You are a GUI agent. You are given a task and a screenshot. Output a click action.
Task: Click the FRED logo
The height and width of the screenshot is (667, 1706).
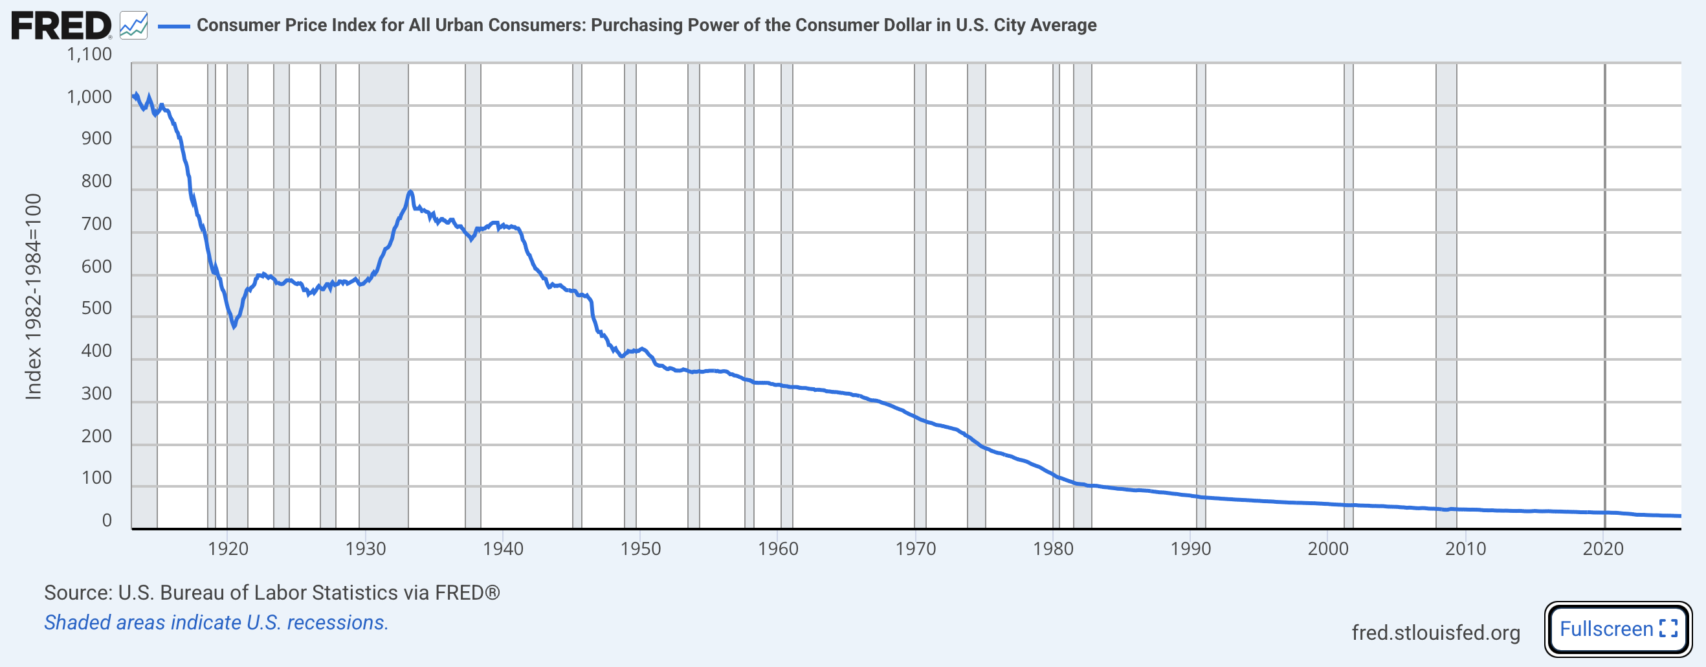pos(61,26)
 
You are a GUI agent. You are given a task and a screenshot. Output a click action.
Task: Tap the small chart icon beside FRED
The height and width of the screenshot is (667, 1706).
pos(134,26)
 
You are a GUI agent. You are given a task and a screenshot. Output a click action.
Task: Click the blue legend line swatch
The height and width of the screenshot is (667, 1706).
pos(174,26)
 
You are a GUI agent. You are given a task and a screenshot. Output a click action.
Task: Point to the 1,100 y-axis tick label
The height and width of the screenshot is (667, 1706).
pos(89,54)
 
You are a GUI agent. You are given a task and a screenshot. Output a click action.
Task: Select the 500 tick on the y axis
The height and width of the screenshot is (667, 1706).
pos(96,309)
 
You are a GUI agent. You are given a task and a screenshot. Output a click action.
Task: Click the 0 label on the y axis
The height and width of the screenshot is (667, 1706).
pos(107,521)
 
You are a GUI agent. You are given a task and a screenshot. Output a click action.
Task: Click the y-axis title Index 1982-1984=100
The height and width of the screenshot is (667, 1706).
pos(34,297)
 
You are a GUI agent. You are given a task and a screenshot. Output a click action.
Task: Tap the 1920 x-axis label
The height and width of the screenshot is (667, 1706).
pos(228,548)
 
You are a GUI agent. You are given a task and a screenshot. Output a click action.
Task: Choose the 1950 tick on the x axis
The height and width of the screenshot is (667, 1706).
pos(641,548)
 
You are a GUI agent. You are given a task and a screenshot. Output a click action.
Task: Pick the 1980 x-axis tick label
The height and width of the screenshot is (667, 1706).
pos(1053,548)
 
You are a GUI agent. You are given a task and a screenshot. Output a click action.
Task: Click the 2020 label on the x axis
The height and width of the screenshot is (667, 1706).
pos(1602,548)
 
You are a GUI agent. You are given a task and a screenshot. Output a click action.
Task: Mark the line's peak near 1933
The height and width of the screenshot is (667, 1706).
pos(410,193)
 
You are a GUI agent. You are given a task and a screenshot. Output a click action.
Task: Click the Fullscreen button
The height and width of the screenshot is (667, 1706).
pos(1617,628)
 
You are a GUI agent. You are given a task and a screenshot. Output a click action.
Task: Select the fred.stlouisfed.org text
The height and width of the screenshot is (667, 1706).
pos(1435,633)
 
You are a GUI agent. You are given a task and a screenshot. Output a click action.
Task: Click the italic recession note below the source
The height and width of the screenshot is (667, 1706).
pos(216,622)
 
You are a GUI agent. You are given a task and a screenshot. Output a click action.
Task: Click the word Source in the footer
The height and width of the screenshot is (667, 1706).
pos(76,592)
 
